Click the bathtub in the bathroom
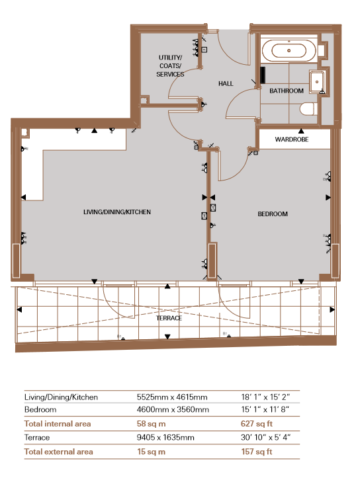pyautogui.click(x=289, y=50)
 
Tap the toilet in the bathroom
pyautogui.click(x=308, y=109)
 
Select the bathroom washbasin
pyautogui.click(x=317, y=82)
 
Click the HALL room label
pyautogui.click(x=226, y=84)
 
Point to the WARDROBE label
pyautogui.click(x=292, y=140)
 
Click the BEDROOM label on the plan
pyautogui.click(x=273, y=214)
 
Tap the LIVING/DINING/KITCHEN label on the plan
pyautogui.click(x=117, y=212)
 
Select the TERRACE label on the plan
pyautogui.click(x=169, y=318)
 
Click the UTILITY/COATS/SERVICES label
pyautogui.click(x=170, y=65)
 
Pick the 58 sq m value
pyautogui.click(x=151, y=424)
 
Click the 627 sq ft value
pyautogui.click(x=257, y=424)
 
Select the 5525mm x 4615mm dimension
pyautogui.click(x=172, y=397)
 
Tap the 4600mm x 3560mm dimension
pyautogui.click(x=173, y=409)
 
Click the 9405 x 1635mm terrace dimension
pyautogui.click(x=165, y=438)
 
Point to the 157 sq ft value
pyautogui.click(x=257, y=452)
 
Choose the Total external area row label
pyautogui.click(x=58, y=452)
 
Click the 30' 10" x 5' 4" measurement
pyautogui.click(x=266, y=438)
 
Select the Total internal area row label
pyautogui.click(x=58, y=424)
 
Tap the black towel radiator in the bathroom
pyautogui.click(x=263, y=75)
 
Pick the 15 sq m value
pyautogui.click(x=151, y=452)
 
